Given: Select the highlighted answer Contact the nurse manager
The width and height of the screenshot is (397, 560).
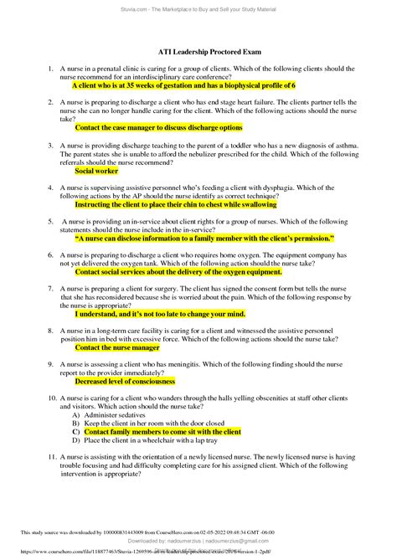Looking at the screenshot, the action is (117, 347).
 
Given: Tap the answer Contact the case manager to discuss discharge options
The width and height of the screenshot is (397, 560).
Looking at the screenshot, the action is (159, 128).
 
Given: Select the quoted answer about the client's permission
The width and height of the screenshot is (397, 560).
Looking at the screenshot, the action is (204, 238).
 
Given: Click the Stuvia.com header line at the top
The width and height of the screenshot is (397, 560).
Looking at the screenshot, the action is (198, 7).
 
